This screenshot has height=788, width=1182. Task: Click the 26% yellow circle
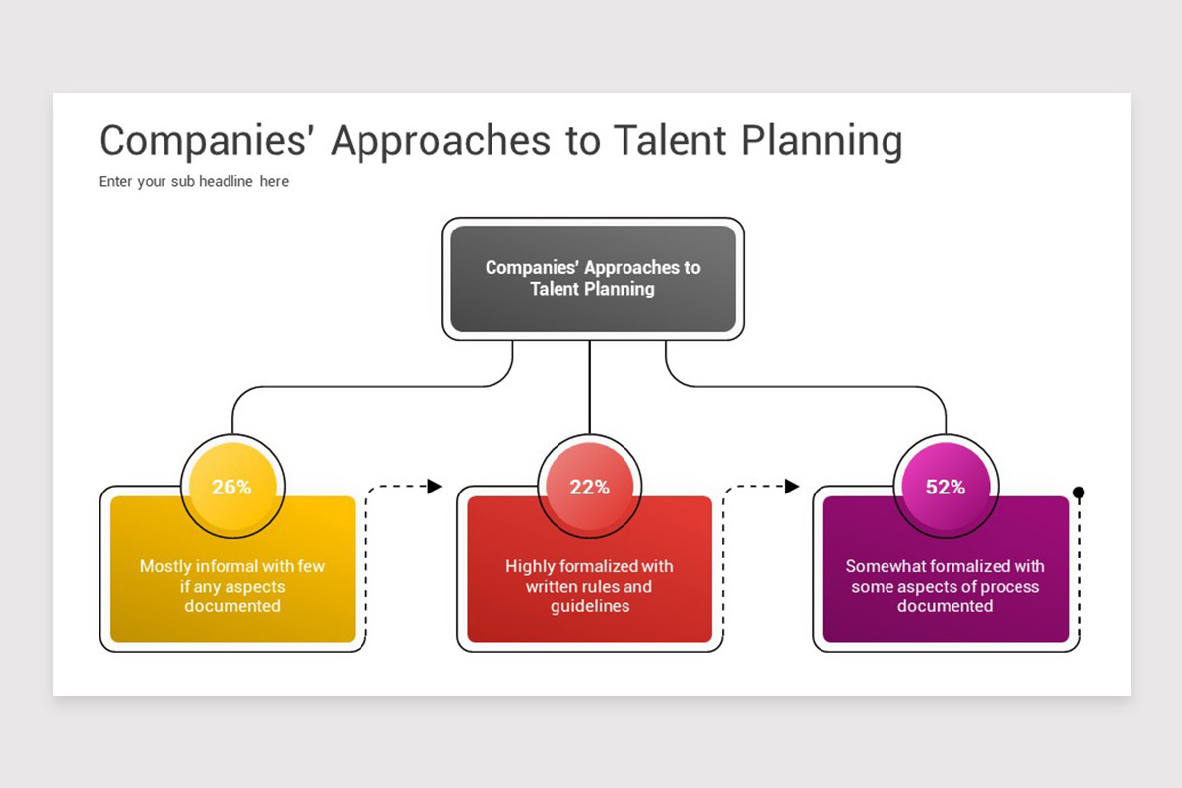click(232, 487)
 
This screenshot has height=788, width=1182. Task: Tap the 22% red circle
click(589, 487)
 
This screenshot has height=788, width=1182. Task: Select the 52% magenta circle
click(946, 487)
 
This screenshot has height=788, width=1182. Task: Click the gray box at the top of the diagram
click(592, 279)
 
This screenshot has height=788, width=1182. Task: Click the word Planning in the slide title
click(821, 141)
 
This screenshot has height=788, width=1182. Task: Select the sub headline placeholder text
click(194, 181)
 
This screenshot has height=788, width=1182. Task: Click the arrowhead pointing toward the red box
click(434, 486)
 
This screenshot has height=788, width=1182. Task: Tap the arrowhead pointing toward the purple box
click(792, 486)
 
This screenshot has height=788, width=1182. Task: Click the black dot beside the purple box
click(1079, 492)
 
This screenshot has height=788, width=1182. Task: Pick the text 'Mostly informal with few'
click(232, 566)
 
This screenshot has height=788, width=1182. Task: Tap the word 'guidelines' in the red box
click(589, 606)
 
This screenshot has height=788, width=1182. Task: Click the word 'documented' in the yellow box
click(232, 606)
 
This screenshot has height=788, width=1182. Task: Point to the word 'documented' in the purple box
click(946, 606)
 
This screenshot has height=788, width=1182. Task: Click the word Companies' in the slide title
click(208, 140)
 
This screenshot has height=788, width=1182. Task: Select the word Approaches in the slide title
click(440, 141)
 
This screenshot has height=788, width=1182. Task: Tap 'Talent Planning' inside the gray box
click(592, 289)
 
